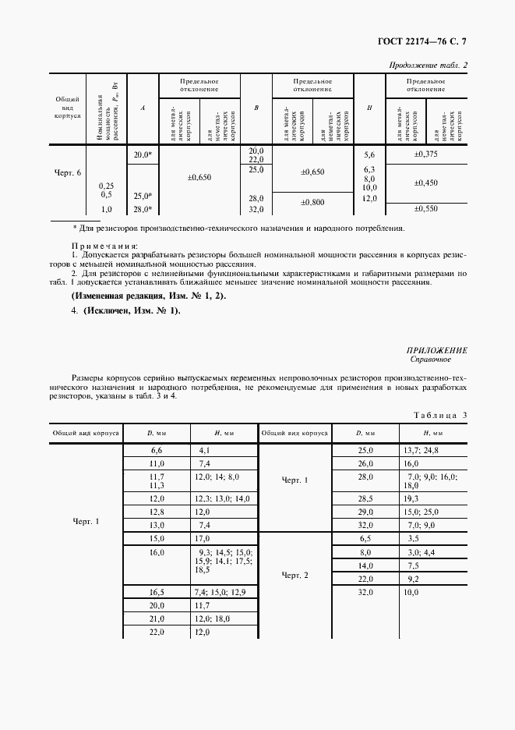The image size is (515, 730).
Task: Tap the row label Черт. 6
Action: tap(68, 172)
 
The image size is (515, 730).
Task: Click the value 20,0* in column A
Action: tap(142, 155)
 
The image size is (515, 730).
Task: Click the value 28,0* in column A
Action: tap(142, 209)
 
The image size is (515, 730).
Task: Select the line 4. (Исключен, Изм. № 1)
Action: tap(125, 311)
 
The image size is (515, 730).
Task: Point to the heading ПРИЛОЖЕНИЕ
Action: tap(436, 351)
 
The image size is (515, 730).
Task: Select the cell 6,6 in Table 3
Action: tap(156, 451)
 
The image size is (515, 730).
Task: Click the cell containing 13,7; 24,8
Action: tap(422, 451)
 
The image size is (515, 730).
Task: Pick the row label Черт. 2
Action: tap(295, 575)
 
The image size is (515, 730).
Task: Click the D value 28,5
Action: tap(366, 497)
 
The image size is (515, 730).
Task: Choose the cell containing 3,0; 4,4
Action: tap(419, 552)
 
